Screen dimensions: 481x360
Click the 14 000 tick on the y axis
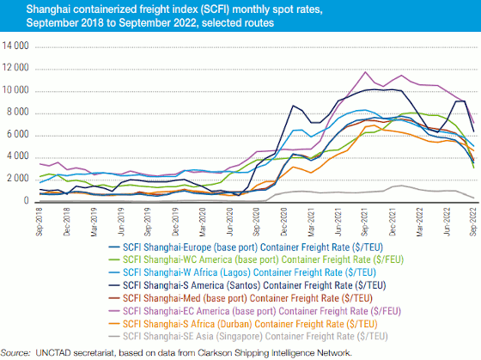coord(15,46)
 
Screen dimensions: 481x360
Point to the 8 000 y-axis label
coord(17,113)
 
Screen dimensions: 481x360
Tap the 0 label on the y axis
coord(26,200)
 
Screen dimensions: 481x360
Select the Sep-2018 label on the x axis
coord(39,222)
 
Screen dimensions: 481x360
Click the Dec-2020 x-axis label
coord(283,222)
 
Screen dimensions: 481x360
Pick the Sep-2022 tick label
coord(473,222)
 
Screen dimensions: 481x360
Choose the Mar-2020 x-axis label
coord(202,222)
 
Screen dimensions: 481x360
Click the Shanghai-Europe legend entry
coord(246,247)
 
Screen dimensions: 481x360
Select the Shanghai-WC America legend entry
coord(256,259)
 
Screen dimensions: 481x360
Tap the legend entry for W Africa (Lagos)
coord(242,272)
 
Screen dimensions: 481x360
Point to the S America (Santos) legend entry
coord(247,285)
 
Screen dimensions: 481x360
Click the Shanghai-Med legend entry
coord(240,298)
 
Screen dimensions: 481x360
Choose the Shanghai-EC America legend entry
coord(255,311)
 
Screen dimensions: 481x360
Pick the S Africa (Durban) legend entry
coord(243,324)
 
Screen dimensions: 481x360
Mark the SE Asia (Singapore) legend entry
coord(248,336)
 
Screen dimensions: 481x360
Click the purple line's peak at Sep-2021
coord(365,72)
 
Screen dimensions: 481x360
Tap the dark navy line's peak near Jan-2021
coord(293,106)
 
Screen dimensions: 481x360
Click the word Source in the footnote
coord(15,353)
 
